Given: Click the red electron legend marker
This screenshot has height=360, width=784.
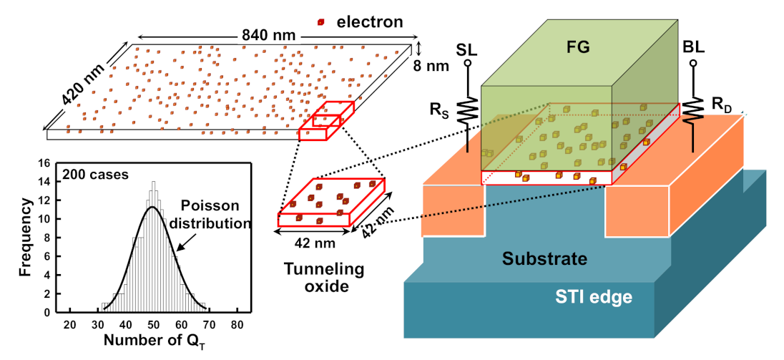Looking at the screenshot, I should [x=321, y=22].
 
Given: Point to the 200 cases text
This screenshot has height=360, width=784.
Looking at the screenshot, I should [x=88, y=173].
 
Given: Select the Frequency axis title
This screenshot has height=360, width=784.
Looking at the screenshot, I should [x=24, y=236].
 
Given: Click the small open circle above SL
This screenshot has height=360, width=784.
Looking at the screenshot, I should [x=468, y=64].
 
